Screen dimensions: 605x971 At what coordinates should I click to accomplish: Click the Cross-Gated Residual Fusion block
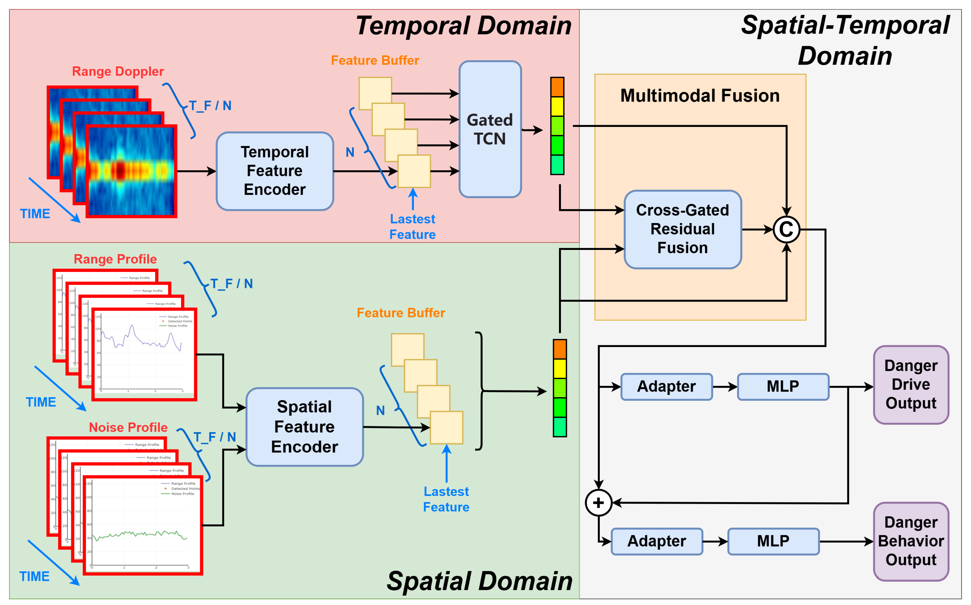682,229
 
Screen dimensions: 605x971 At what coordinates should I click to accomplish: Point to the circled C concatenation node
786,229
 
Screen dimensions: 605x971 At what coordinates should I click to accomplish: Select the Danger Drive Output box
911,385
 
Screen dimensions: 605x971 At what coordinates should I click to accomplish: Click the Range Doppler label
118,71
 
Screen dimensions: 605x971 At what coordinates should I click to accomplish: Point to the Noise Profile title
128,427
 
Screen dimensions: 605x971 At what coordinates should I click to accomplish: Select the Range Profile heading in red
115,259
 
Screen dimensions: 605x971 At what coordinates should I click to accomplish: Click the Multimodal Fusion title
700,96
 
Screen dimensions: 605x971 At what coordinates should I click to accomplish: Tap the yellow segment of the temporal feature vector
557,106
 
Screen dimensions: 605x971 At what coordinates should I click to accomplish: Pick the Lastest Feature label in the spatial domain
446,499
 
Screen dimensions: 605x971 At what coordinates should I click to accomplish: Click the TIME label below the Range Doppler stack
35,214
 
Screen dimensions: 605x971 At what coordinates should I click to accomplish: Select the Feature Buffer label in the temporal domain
375,60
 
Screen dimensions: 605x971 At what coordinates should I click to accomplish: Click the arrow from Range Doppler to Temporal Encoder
196,171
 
